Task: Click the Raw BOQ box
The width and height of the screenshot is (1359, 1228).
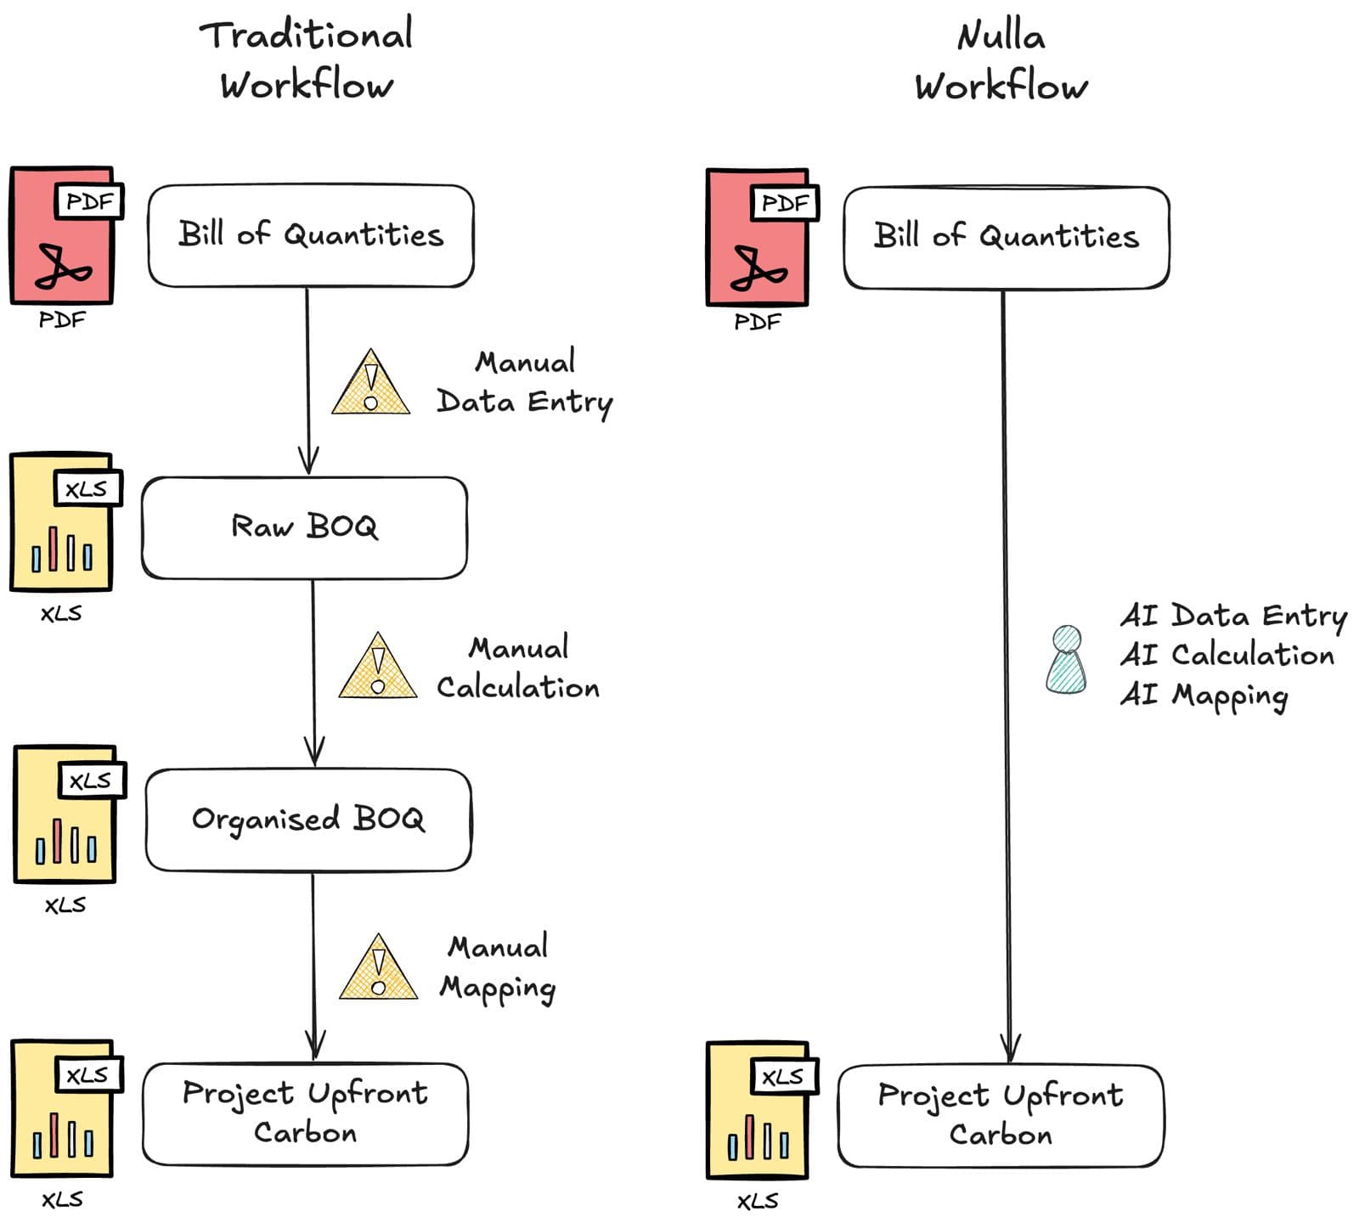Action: pyautogui.click(x=304, y=527)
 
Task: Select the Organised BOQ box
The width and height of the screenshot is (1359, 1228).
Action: pyautogui.click(x=308, y=820)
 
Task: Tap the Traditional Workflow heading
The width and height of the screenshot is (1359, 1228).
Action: pyautogui.click(x=307, y=59)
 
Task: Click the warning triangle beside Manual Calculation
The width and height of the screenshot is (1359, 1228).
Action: pyautogui.click(x=378, y=669)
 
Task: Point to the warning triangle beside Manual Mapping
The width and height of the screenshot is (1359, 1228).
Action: pyautogui.click(x=378, y=970)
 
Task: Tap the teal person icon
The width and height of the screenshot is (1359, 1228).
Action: pyautogui.click(x=1066, y=660)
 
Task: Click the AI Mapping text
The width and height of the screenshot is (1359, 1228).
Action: pyautogui.click(x=1204, y=696)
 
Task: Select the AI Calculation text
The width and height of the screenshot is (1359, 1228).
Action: pyautogui.click(x=1227, y=655)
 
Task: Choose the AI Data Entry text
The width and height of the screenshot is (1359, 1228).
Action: pyautogui.click(x=1233, y=615)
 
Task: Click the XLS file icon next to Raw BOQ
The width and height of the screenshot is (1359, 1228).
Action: pyautogui.click(x=62, y=522)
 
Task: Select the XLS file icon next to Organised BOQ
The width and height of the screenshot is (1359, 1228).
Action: pyautogui.click(x=65, y=814)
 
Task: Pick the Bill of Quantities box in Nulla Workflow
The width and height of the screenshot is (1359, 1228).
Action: pyautogui.click(x=1007, y=238)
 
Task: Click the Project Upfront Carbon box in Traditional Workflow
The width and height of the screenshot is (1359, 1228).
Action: pyautogui.click(x=305, y=1113)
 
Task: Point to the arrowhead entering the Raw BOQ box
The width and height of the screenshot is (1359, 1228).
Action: pyautogui.click(x=308, y=461)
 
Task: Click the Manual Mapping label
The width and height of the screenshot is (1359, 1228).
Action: pyautogui.click(x=498, y=967)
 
